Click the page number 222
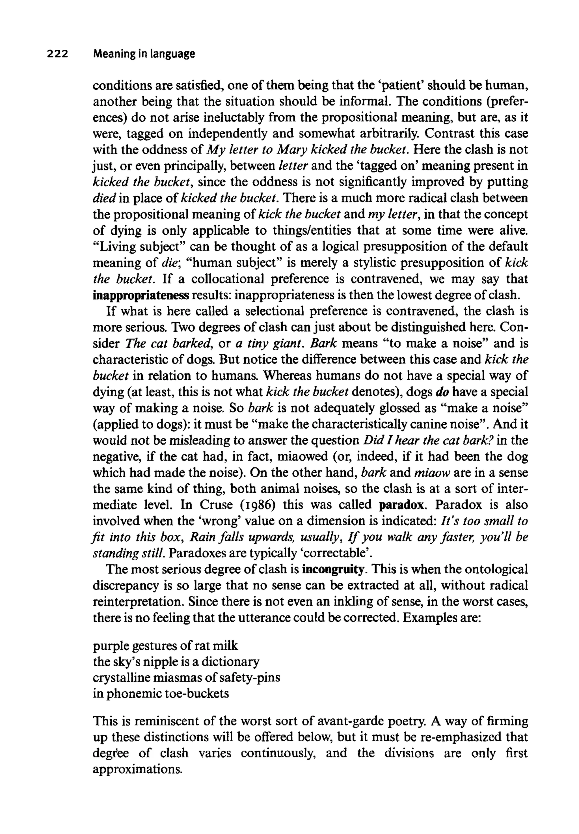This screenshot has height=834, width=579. click(x=57, y=54)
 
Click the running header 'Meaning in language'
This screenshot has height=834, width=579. click(x=144, y=54)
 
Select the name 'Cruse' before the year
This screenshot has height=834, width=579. click(x=216, y=505)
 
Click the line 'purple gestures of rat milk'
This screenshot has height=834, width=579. click(x=165, y=646)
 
